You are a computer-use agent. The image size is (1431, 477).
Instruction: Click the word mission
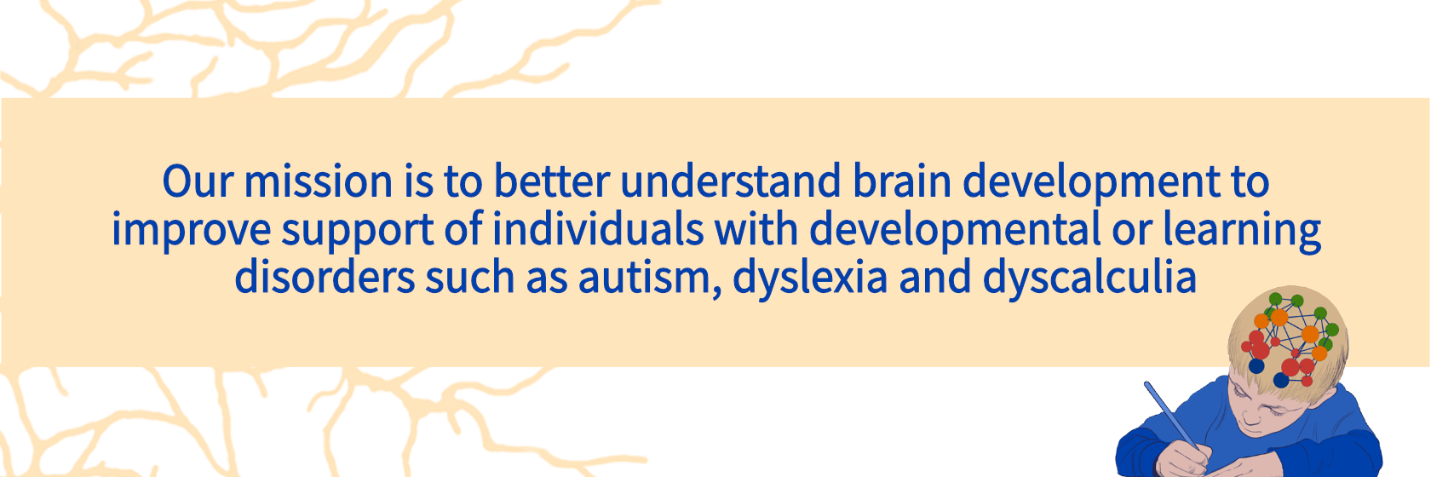click(319, 181)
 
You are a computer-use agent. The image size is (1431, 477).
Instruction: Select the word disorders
click(325, 277)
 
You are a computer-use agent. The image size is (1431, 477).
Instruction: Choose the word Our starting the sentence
click(198, 181)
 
